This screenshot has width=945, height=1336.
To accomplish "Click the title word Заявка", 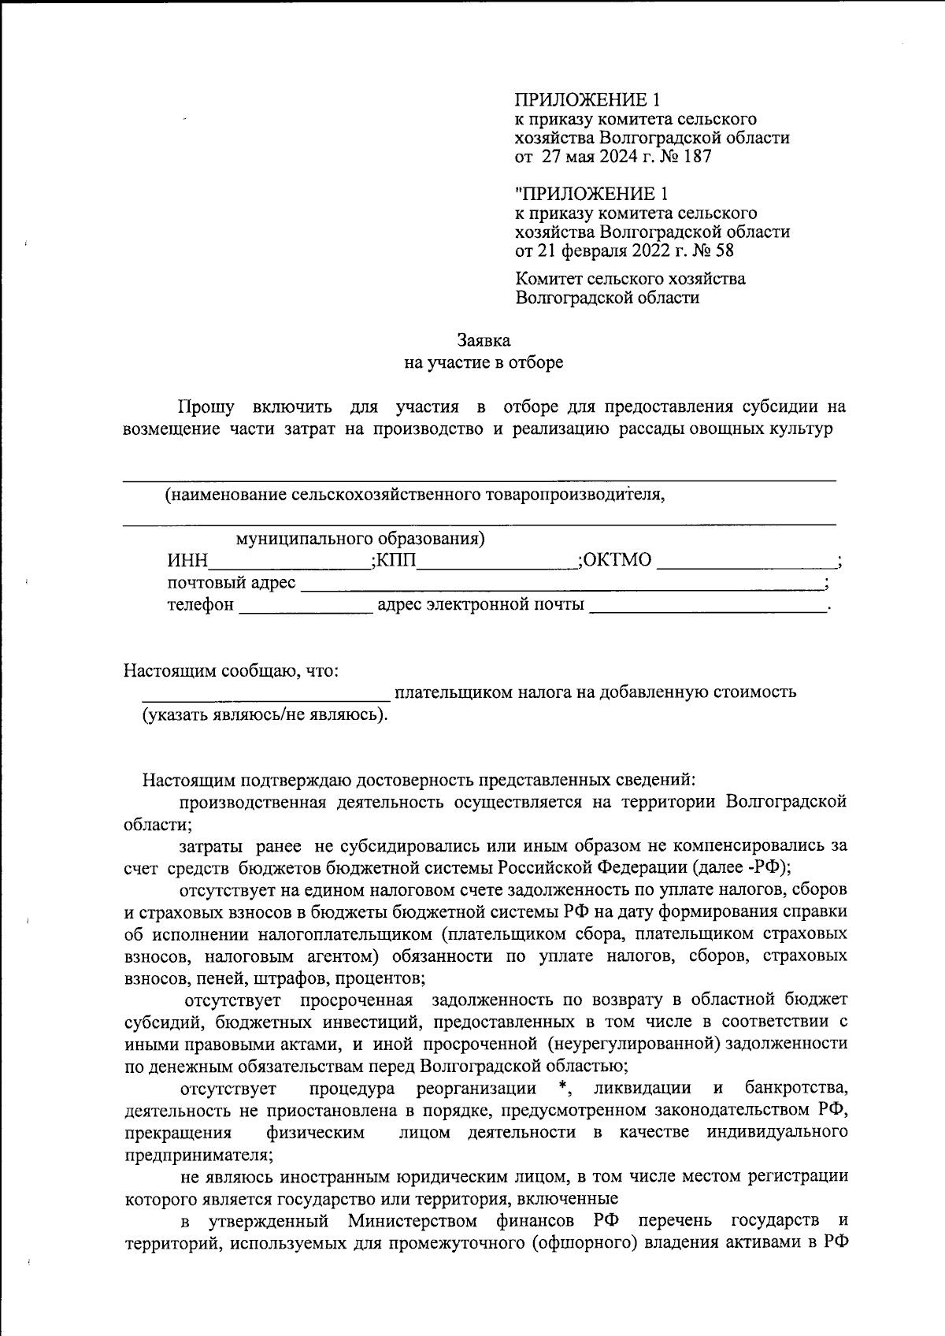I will click(484, 340).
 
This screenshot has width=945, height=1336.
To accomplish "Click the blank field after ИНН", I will click(288, 561).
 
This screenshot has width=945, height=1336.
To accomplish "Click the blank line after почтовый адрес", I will click(561, 584).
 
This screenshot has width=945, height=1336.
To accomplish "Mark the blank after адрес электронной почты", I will click(707, 606).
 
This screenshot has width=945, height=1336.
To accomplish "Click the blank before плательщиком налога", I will click(265, 693).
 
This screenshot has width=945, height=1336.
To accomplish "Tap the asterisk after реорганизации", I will click(561, 1089).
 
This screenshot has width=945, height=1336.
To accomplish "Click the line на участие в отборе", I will click(484, 363).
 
